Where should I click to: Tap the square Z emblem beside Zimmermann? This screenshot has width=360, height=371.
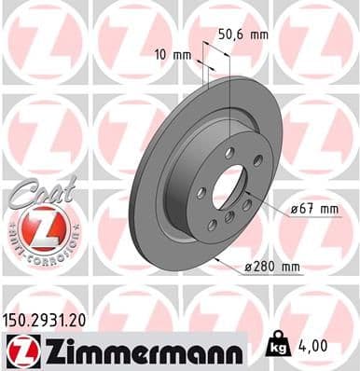tap(18, 350)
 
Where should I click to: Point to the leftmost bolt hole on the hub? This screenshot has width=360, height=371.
tap(201, 192)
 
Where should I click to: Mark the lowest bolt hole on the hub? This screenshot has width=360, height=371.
tap(212, 225)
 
